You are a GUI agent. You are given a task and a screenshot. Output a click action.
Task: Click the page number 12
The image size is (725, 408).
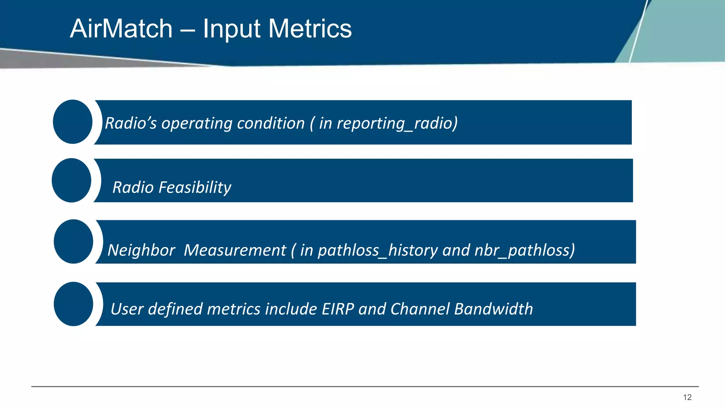pos(687,397)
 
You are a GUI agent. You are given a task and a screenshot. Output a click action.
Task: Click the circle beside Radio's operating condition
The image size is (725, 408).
pos(73,122)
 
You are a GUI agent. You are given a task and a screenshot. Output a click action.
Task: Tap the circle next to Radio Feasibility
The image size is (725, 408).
pos(72,180)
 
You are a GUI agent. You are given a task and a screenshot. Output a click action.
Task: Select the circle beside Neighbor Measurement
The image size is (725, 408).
pos(73,242)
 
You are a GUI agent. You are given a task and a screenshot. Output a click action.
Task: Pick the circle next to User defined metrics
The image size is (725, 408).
pos(73,304)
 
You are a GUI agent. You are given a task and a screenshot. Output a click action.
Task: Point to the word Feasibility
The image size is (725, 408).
pos(195,187)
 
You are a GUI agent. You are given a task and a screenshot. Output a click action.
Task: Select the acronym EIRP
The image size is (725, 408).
pos(338,309)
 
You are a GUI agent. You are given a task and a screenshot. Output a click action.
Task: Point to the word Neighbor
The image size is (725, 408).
pos(141,250)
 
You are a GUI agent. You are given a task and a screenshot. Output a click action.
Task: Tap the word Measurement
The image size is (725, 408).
pos(235,250)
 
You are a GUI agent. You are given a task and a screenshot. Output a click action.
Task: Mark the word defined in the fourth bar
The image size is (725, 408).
pos(175,309)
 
